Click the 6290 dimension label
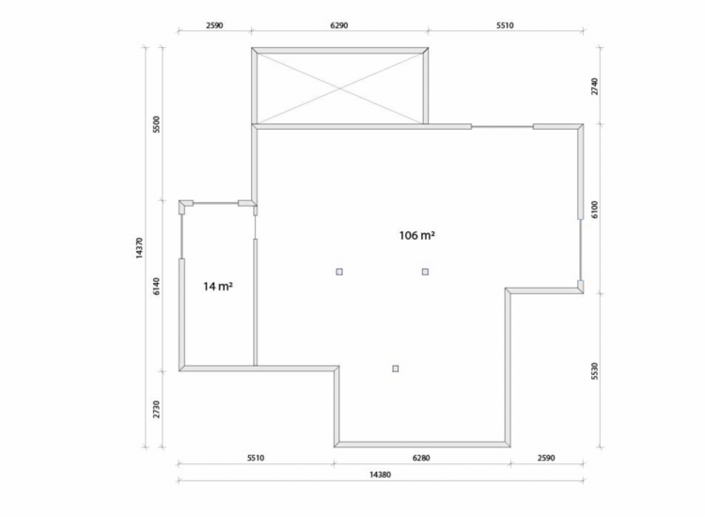tap(339, 25)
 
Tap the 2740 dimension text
tap(594, 86)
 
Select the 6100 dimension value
tap(594, 210)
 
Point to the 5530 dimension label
tap(594, 371)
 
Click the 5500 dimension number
tap(156, 124)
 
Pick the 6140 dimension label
tap(156, 287)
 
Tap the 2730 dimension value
tap(156, 410)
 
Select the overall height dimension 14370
tap(139, 248)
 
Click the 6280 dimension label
tap(421, 458)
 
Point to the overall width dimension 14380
tap(381, 475)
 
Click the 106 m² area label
tap(416, 235)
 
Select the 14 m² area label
tap(218, 287)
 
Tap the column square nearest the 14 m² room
tap(339, 272)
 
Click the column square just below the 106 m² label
tap(425, 272)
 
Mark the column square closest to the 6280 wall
tap(395, 368)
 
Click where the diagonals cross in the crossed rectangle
tap(340, 88)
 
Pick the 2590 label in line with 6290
tap(214, 25)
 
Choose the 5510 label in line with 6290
tap(505, 25)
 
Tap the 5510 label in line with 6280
tap(256, 458)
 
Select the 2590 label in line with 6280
tap(546, 458)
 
